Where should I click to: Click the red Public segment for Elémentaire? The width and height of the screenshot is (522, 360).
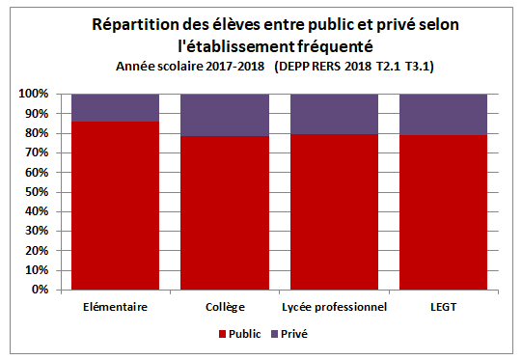click(x=115, y=206)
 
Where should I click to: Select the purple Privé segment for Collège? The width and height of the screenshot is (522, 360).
click(x=225, y=115)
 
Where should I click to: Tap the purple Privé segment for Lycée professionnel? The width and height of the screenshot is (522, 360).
click(x=334, y=114)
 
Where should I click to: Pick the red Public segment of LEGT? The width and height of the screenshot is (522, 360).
click(x=443, y=212)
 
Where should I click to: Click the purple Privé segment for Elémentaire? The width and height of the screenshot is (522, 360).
click(x=115, y=107)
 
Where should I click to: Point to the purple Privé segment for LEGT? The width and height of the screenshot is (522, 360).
click(x=443, y=114)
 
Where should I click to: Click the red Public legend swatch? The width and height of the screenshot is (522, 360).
click(x=222, y=334)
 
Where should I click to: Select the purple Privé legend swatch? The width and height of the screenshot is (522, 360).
click(x=274, y=334)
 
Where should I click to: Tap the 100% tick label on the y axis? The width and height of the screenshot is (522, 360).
click(x=34, y=94)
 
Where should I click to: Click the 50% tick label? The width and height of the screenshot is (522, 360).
click(x=37, y=192)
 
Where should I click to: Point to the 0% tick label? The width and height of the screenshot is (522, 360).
click(x=40, y=290)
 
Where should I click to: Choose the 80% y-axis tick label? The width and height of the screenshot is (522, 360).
click(x=37, y=133)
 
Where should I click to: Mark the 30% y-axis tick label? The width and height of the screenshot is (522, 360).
click(x=37, y=231)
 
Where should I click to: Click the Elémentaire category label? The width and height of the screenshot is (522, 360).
click(x=115, y=307)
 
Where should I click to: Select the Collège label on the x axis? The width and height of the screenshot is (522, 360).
click(x=225, y=307)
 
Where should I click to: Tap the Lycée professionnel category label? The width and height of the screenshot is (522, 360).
click(x=334, y=307)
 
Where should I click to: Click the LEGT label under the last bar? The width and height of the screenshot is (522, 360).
click(x=444, y=307)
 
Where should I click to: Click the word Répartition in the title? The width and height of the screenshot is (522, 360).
click(x=135, y=25)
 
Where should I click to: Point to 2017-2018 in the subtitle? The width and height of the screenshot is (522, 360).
click(x=235, y=67)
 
